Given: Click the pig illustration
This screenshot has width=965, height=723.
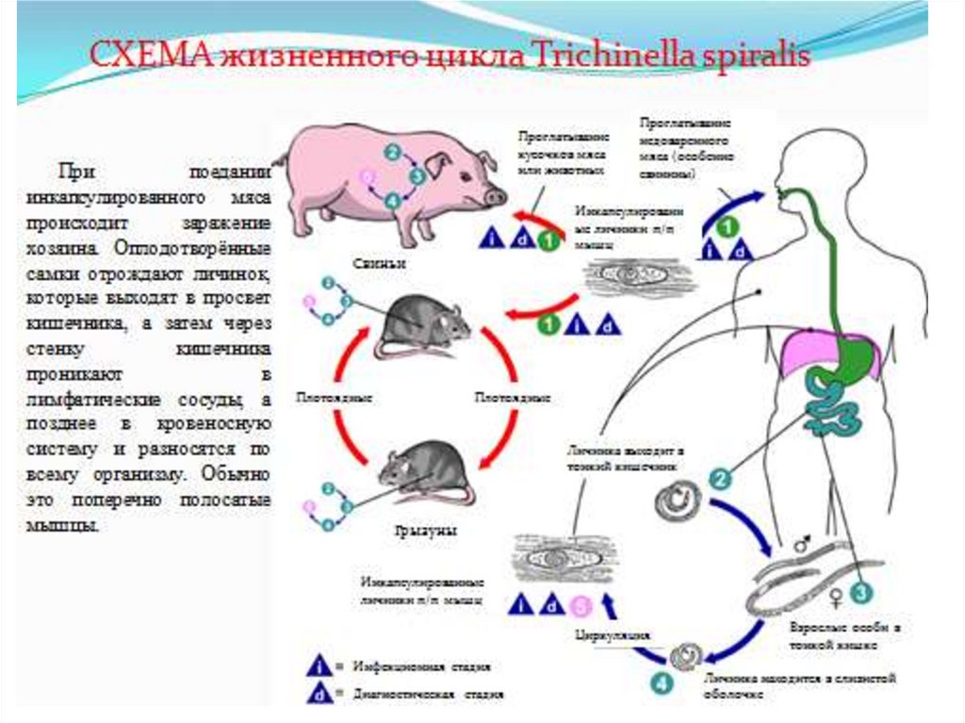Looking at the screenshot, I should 396,179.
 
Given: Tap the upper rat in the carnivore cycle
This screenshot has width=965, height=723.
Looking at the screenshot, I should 424,325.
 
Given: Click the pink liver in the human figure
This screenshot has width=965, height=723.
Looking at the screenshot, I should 810,349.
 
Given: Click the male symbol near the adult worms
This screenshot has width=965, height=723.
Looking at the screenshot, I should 802,544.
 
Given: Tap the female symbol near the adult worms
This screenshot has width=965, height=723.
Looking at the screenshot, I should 834,596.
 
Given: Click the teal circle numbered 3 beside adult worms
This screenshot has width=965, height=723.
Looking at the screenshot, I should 859,591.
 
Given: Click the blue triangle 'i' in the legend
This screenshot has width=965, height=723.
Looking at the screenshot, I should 319,665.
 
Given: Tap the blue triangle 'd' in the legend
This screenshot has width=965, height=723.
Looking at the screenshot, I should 319,694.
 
